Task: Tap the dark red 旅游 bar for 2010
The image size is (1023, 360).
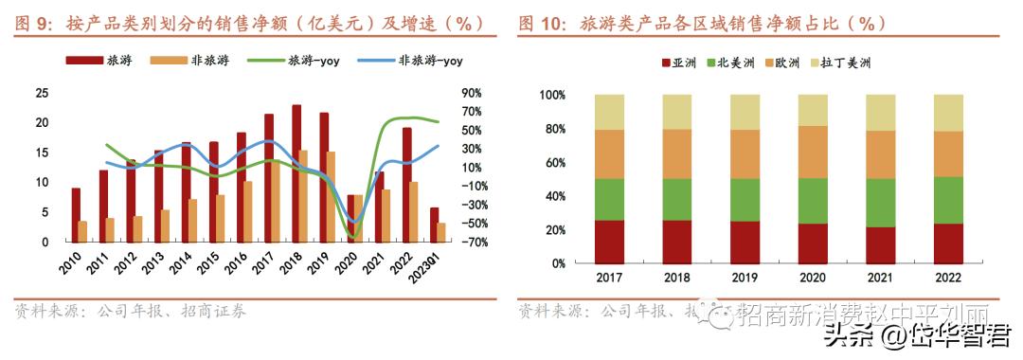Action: pyautogui.click(x=76, y=215)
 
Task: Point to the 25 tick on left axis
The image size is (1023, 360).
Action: pyautogui.click(x=42, y=93)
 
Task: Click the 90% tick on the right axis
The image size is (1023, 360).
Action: pyautogui.click(x=472, y=93)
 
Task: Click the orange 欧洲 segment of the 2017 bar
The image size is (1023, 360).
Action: pyautogui.click(x=609, y=154)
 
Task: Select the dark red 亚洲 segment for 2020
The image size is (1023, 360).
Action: pyautogui.click(x=813, y=243)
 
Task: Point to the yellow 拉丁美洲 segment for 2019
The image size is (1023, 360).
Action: pyautogui.click(x=745, y=112)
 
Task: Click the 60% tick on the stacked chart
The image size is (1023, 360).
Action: pyautogui.click(x=552, y=162)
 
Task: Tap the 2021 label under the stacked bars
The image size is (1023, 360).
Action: pyautogui.click(x=880, y=279)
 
